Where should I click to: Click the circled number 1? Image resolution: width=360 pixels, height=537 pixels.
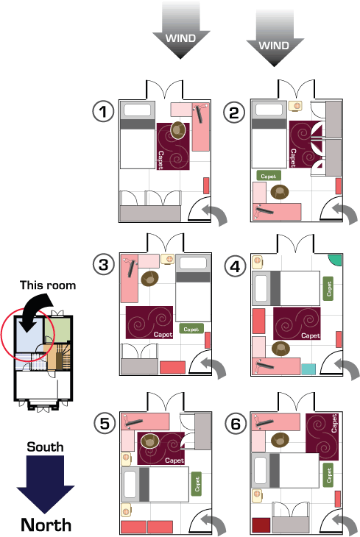tap(103, 111)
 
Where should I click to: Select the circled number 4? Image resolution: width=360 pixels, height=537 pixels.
tap(235, 266)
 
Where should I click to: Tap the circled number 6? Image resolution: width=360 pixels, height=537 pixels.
tap(236, 424)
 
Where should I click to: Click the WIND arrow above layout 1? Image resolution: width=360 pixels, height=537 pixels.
tap(180, 30)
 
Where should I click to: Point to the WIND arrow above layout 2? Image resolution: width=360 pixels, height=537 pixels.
tap(275, 38)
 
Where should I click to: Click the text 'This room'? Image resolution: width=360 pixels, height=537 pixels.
tap(48, 285)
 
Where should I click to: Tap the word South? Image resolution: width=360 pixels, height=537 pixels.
tap(45, 447)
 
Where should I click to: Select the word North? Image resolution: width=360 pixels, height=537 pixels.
tap(46, 524)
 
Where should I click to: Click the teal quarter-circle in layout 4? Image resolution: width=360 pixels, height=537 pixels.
tap(336, 259)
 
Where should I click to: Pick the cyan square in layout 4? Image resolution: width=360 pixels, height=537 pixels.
tap(308, 369)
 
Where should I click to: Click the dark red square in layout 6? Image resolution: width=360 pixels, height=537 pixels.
tap(261, 525)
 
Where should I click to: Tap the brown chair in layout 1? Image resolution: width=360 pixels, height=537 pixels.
tap(178, 130)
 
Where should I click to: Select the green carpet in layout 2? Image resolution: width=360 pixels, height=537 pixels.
tap(269, 176)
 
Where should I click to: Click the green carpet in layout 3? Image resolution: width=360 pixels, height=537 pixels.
tap(191, 329)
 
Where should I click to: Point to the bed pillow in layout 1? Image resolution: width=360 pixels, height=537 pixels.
tap(137, 110)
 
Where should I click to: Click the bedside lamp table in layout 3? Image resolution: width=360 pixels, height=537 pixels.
tap(168, 259)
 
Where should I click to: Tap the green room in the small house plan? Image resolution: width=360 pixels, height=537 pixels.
tap(57, 330)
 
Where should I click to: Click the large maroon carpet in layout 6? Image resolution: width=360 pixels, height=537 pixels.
tap(322, 437)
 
